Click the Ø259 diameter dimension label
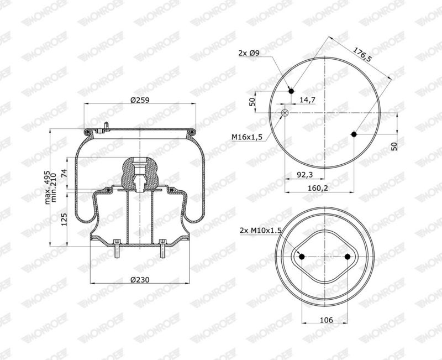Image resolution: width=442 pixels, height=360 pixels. [140, 100]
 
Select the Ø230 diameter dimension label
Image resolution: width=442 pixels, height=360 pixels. [140, 280]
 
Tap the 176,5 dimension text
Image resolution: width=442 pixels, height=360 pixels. [363, 55]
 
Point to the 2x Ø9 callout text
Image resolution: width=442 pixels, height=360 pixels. [249, 53]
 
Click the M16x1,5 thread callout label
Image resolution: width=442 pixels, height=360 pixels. [247, 137]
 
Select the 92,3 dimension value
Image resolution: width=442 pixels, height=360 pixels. [305, 175]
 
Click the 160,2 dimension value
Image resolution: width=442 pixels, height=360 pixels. [318, 188]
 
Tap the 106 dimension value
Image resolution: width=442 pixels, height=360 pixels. [327, 320]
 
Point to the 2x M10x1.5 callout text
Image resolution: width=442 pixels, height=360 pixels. [261, 231]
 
